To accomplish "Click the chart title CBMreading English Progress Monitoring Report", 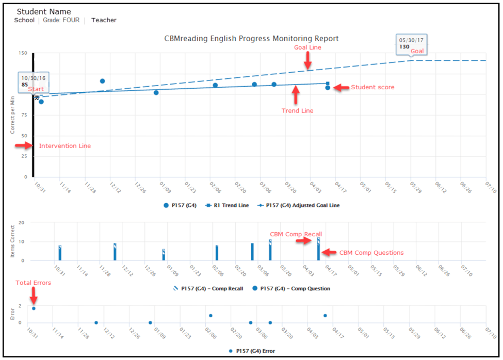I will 251,39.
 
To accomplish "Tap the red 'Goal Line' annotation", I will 307,47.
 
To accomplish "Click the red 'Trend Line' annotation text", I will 297,111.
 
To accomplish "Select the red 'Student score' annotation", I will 372,88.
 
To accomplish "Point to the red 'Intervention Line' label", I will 64,146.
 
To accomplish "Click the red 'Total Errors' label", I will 34,283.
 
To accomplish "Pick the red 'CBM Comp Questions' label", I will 371,253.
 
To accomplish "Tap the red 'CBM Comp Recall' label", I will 296,235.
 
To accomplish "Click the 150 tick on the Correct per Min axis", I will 22,53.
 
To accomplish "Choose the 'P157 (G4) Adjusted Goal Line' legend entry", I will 299,205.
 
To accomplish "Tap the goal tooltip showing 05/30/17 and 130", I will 411,43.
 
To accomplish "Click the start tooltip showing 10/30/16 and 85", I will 33,81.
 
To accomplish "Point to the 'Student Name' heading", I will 44,12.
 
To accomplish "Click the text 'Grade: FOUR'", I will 61,21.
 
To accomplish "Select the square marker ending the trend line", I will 328,83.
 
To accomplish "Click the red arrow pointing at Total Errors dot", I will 34,296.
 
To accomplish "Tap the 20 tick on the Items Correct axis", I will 21,223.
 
